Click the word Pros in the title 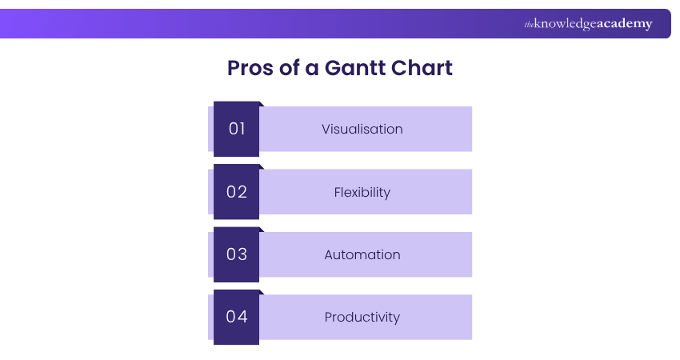250,68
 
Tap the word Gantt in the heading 355,68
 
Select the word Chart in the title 422,68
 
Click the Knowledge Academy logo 588,24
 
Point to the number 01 237,129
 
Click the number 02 237,192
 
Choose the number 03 237,254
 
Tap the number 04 237,317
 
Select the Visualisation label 362,129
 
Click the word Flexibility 362,192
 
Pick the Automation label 362,254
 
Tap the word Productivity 362,317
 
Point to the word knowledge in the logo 565,24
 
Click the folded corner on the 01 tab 262,104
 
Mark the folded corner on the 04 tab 262,292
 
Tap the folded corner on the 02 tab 262,166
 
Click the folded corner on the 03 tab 262,230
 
